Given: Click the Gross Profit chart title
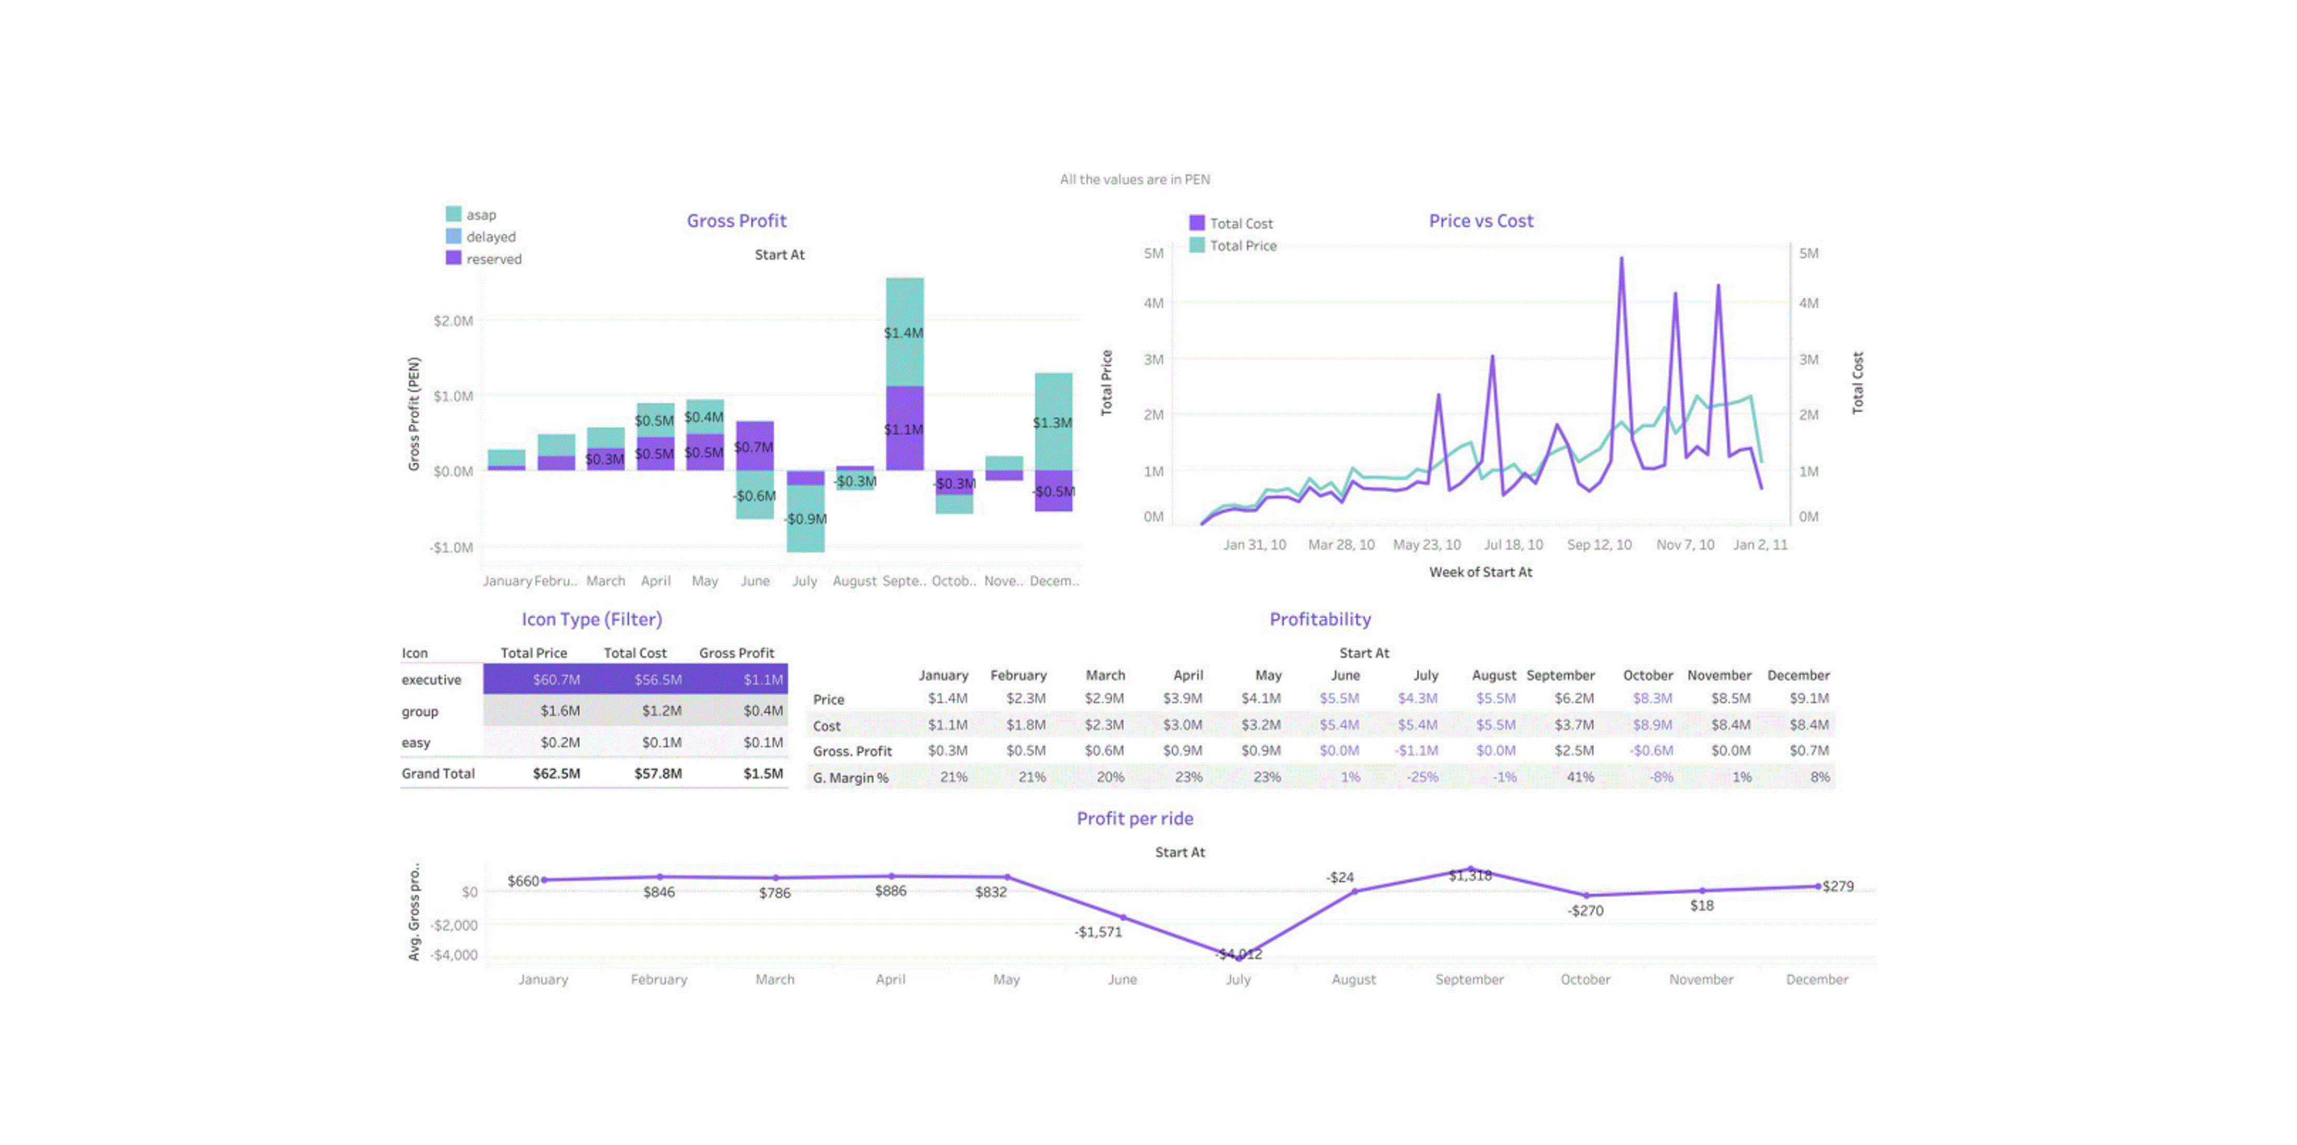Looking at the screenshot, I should point(736,220).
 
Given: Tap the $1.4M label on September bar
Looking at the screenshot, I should point(903,333).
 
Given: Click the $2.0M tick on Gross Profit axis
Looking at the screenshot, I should point(453,321).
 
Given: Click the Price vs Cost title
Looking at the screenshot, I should point(1480,220).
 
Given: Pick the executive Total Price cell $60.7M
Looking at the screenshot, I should point(556,680).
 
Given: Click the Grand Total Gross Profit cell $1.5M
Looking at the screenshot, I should point(763,773).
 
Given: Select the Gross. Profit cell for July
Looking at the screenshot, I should point(1416,751).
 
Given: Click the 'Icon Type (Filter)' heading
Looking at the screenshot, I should point(591,619).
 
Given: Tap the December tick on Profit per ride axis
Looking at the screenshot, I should point(1816,979).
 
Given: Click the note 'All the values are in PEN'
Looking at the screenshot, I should point(1134,179).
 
